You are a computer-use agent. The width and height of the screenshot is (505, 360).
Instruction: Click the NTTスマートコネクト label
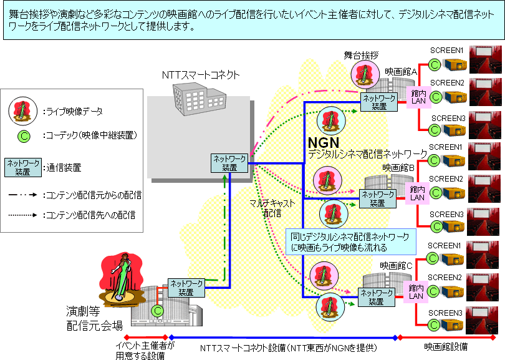[x=201, y=75]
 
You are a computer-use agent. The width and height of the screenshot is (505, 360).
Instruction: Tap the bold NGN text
[x=324, y=142]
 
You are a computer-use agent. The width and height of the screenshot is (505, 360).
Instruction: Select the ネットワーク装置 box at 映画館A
[x=379, y=102]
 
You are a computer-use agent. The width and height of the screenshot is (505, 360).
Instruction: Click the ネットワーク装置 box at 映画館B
[x=377, y=198]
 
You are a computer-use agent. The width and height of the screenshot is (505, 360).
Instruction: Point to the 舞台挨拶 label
[x=361, y=56]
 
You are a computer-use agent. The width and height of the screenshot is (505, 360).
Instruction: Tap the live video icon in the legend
[x=22, y=110]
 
